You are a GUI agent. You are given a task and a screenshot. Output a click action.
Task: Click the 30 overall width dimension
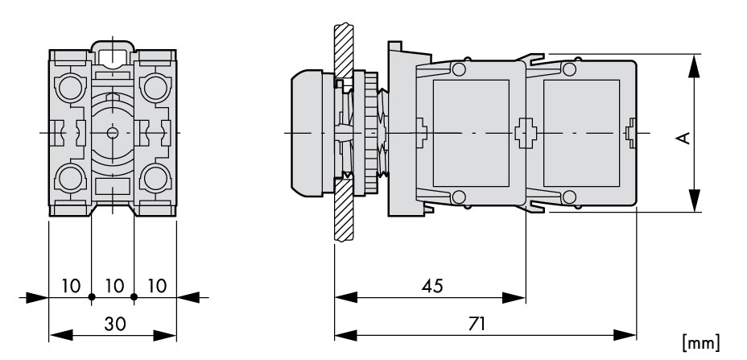coord(115,324)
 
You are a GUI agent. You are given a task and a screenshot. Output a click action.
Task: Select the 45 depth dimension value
coord(432,286)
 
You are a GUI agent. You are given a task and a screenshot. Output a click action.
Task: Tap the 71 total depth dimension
coord(477,324)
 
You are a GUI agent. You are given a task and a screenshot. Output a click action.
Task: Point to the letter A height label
coord(683,138)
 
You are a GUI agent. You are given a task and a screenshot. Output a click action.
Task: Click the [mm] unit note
coord(701,342)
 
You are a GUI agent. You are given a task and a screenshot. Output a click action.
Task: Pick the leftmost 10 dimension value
coord(71,286)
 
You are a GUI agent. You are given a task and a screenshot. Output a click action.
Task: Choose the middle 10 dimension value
coord(114,286)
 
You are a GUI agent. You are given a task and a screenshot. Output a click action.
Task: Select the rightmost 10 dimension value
coord(157,286)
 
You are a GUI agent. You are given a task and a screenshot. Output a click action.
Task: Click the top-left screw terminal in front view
coord(70,88)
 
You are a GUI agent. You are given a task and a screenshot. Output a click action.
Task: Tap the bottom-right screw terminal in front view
coord(155,178)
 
